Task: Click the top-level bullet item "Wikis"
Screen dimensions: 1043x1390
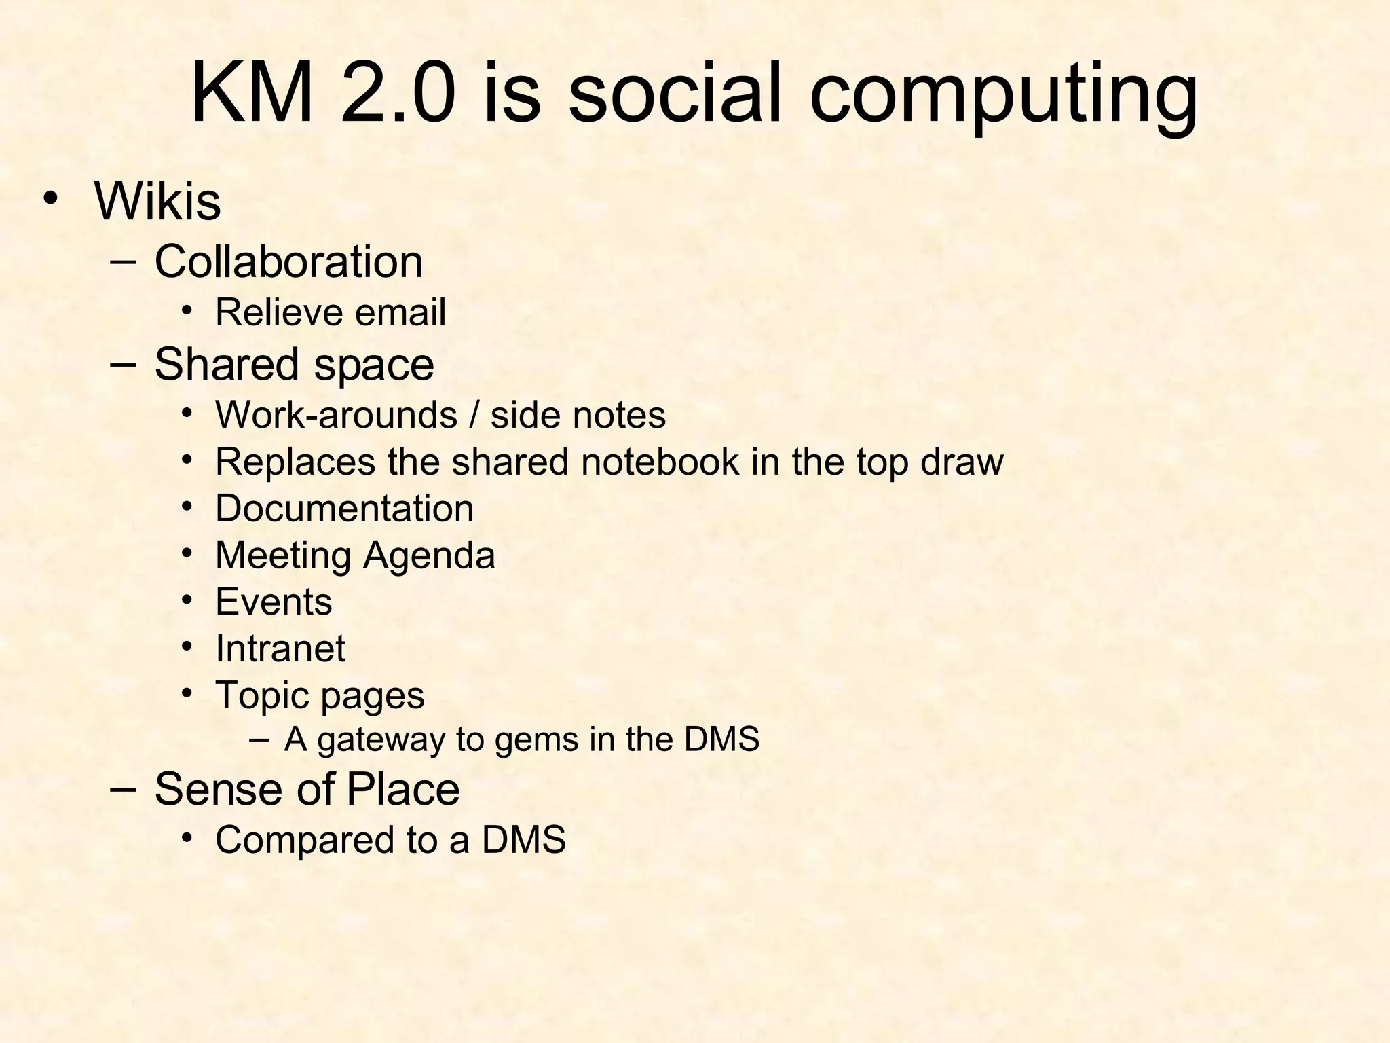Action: coord(157,201)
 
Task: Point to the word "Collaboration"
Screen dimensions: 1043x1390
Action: coord(288,261)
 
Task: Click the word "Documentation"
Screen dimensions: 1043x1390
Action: coord(344,509)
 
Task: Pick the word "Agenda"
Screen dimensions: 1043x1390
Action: coord(429,555)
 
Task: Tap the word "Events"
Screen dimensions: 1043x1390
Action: coord(274,602)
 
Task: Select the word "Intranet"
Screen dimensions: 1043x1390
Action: coord(280,648)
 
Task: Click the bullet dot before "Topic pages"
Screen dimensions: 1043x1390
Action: coord(187,693)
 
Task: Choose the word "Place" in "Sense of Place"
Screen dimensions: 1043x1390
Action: coord(402,789)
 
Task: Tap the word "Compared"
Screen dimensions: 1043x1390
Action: coord(305,840)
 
